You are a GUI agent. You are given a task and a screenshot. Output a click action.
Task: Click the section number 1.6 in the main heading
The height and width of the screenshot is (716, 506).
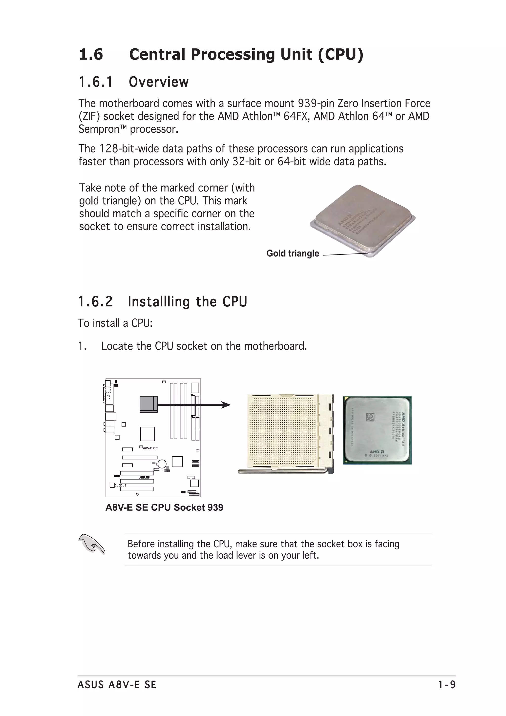(x=91, y=55)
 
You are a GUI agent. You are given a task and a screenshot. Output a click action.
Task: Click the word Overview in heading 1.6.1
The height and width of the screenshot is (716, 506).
(x=158, y=82)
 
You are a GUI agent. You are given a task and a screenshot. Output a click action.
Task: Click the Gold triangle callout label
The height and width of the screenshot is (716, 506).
(x=293, y=253)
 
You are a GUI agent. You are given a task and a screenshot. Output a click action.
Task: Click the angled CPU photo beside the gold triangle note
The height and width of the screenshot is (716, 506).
(x=362, y=220)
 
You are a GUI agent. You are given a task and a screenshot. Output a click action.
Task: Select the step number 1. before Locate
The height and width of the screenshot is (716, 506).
(x=82, y=346)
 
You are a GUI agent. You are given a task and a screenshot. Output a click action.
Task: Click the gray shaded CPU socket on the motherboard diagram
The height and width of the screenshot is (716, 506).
(x=148, y=404)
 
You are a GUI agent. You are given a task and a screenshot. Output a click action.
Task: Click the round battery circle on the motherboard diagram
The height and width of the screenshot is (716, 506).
(x=162, y=464)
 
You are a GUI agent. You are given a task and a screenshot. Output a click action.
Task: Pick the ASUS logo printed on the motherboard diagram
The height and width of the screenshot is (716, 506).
(x=144, y=477)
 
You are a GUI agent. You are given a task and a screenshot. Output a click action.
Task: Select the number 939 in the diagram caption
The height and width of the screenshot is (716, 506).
(x=215, y=507)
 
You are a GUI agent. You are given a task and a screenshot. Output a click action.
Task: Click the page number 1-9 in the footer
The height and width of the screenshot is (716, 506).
(x=446, y=685)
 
